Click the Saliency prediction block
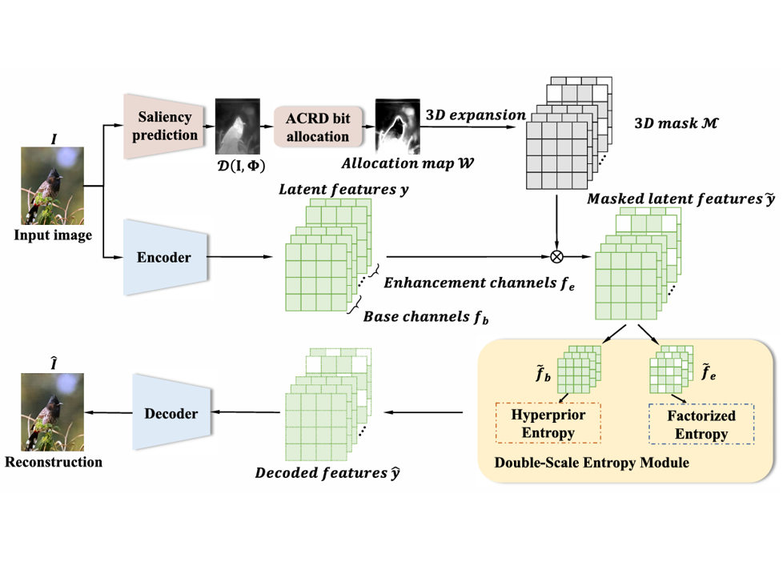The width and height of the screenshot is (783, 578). (163, 126)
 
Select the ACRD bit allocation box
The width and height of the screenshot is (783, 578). (317, 127)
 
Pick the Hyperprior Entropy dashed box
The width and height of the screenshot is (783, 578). (548, 422)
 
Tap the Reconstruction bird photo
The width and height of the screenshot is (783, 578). (52, 411)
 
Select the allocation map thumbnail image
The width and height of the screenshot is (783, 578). (399, 126)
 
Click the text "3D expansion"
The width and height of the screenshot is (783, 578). (476, 115)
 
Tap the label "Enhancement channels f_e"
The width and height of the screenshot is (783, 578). (477, 283)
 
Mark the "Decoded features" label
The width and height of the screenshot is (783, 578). (327, 473)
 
